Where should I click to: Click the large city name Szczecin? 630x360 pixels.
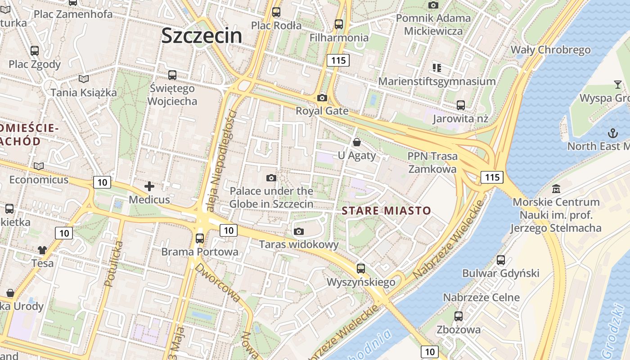pyautogui.click(x=202, y=36)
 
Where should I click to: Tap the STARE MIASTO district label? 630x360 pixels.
pyautogui.click(x=386, y=210)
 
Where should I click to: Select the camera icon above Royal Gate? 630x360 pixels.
pyautogui.click(x=322, y=98)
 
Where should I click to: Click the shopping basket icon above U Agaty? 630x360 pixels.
pyautogui.click(x=357, y=143)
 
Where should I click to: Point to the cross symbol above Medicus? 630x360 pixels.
pyautogui.click(x=149, y=186)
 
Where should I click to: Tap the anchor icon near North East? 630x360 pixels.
pyautogui.click(x=612, y=133)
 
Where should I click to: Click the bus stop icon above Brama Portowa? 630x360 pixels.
pyautogui.click(x=200, y=238)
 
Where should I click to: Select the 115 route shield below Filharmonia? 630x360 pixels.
pyautogui.click(x=338, y=60)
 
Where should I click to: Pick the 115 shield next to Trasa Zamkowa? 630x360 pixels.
pyautogui.click(x=492, y=177)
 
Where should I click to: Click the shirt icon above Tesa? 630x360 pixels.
pyautogui.click(x=42, y=250)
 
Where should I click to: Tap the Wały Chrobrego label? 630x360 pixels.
pyautogui.click(x=550, y=49)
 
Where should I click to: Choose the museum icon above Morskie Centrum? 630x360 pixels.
pyautogui.click(x=556, y=189)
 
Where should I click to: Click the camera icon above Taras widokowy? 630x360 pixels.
pyautogui.click(x=298, y=232)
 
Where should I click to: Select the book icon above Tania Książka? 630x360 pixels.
pyautogui.click(x=84, y=79)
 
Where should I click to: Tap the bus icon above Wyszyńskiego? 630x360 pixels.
pyautogui.click(x=361, y=269)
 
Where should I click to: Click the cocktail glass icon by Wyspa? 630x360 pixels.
pyautogui.click(x=618, y=84)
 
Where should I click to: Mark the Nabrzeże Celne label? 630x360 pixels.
pyautogui.click(x=481, y=297)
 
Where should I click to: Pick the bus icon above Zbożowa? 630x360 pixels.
pyautogui.click(x=459, y=316)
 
